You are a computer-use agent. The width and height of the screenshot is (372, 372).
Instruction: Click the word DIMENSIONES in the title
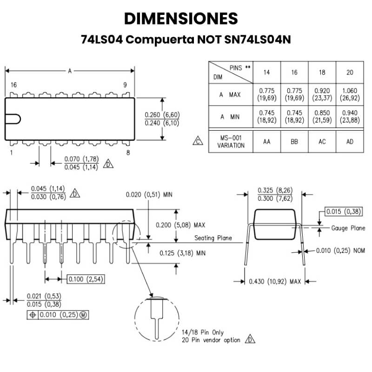pos(181,19)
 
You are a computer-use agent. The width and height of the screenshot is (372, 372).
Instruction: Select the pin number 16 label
pos(13,85)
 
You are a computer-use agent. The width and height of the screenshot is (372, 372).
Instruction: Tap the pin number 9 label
pos(125,85)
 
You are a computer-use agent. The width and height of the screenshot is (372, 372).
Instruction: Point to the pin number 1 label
pos(11,152)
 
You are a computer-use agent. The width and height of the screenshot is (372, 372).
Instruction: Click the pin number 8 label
pos(127,152)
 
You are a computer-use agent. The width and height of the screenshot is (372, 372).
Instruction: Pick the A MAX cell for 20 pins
pos(349,94)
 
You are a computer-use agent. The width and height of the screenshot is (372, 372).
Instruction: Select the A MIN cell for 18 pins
pos(322,116)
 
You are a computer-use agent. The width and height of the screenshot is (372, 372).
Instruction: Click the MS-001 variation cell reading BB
pos(294,142)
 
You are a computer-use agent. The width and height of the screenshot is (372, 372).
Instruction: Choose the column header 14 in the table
pos(266,73)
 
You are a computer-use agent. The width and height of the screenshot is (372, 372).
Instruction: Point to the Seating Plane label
pos(213,238)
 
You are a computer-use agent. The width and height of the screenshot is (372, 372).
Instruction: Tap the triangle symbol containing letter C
pos(199,141)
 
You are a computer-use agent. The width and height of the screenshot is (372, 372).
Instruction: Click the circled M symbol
pos(83,315)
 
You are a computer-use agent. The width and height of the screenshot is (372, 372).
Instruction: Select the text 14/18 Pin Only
pos(203,332)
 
